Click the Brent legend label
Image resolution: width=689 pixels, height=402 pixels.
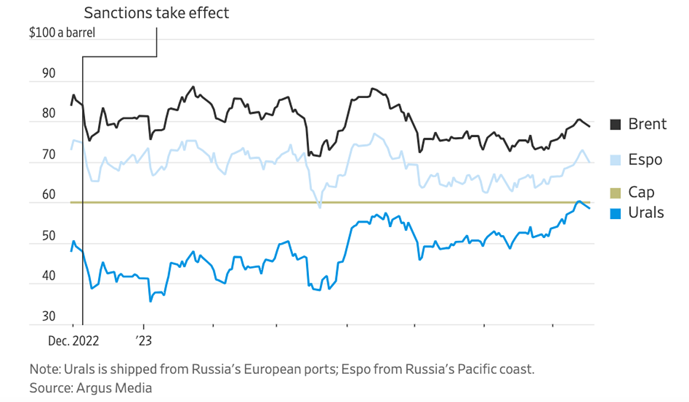pos(647,124)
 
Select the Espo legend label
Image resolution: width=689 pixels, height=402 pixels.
pos(645,159)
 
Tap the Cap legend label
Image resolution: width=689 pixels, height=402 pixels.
pos(641,192)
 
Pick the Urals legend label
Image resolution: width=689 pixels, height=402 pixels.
pos(646,213)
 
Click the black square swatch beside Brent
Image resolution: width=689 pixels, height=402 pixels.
pos(616,124)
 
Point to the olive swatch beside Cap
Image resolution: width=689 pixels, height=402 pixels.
pos(616,192)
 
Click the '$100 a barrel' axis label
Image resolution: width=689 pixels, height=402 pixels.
pos(62,32)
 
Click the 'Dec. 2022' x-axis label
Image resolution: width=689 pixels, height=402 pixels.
pos(73,341)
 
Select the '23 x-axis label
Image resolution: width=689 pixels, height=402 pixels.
pos(144,341)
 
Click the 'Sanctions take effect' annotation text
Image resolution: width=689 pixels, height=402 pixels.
pos(156,13)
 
